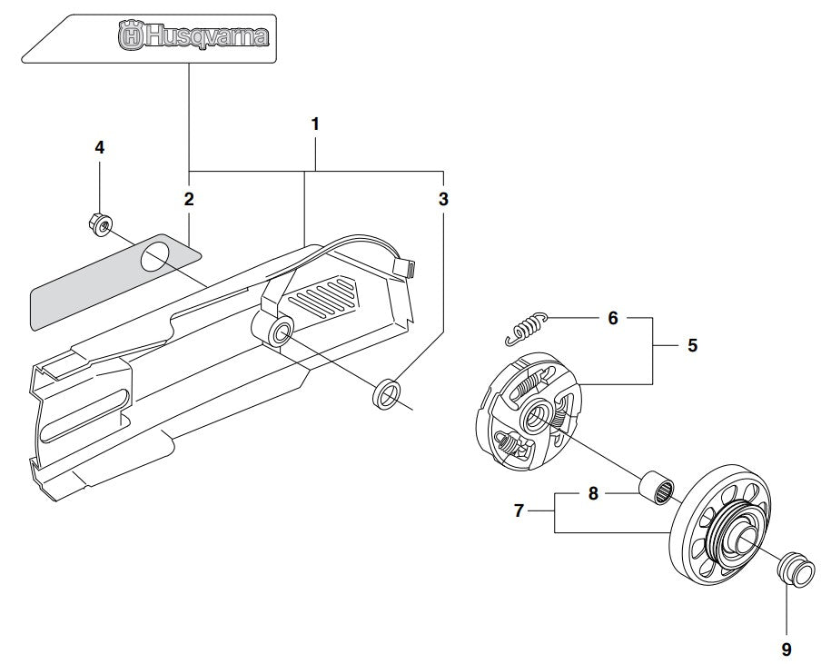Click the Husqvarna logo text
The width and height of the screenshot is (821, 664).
click(193, 37)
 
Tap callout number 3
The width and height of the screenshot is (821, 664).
click(443, 199)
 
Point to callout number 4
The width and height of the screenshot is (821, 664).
click(100, 147)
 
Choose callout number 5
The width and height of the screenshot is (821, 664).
click(692, 346)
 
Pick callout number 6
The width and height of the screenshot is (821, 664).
click(612, 318)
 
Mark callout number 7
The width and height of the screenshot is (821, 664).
click(520, 511)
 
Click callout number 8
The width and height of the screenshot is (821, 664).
click(593, 494)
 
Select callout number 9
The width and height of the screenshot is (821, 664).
click(786, 649)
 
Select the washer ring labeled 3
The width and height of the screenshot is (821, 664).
click(388, 392)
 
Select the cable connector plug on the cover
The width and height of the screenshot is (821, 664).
click(406, 268)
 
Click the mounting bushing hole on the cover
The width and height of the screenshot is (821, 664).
click(279, 332)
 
